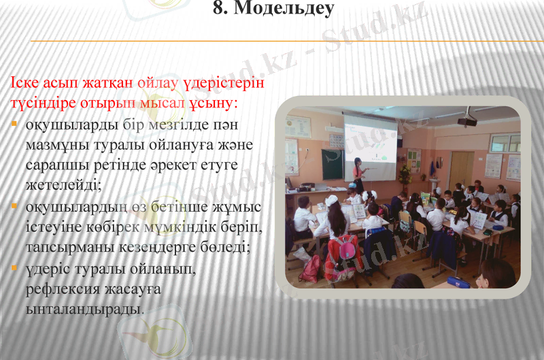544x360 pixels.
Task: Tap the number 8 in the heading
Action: click(220, 10)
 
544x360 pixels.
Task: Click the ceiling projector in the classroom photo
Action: click(466, 120)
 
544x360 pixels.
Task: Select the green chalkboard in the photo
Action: click(333, 164)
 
